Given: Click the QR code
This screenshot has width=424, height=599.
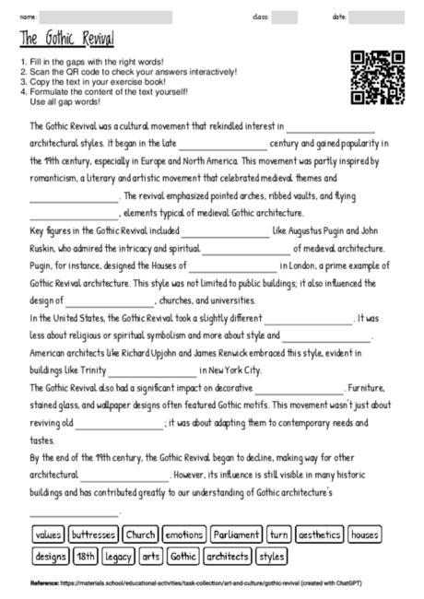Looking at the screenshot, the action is [378, 77].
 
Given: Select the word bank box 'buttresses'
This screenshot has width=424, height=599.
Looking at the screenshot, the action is [93, 534].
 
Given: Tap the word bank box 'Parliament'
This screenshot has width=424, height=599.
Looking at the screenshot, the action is [236, 534].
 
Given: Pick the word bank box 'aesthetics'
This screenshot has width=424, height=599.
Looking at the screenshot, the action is [319, 534].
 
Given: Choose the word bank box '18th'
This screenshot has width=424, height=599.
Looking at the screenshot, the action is [86, 557].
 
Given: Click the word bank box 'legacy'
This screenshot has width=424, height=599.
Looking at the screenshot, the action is [119, 557].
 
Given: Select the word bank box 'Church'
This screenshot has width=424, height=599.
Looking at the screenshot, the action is [140, 534].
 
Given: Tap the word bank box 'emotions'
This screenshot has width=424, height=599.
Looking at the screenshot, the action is [184, 534].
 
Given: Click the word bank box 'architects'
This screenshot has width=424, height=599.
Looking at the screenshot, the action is [228, 557].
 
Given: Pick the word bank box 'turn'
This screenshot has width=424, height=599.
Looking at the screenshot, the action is [278, 534].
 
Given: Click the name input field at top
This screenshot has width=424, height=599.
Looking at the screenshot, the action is [106, 17].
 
